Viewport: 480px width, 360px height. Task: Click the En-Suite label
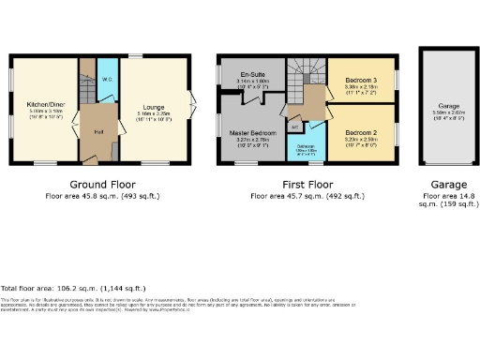[250, 74]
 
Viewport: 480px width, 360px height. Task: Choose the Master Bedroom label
[250, 133]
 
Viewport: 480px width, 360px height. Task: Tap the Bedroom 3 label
[361, 80]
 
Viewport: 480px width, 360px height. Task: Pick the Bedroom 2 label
[361, 133]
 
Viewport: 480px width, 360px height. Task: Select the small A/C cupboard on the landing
[294, 126]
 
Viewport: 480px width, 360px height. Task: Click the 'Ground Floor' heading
[97, 185]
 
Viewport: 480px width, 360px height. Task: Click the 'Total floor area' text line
[72, 289]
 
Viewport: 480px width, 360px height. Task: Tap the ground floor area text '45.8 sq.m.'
[80, 197]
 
